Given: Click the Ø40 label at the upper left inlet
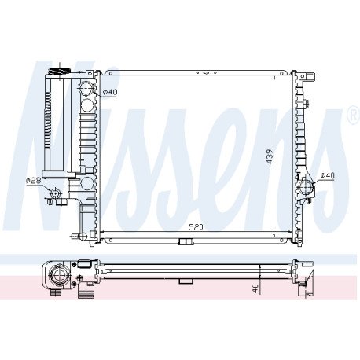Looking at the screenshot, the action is (x=110, y=92).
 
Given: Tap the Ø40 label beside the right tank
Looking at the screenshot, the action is (x=328, y=175).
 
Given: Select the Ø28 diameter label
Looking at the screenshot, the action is (x=33, y=181).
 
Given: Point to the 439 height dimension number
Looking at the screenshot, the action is (x=270, y=156).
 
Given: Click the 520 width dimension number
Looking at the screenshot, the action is (x=197, y=227).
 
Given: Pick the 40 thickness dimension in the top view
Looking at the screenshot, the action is (x=255, y=288).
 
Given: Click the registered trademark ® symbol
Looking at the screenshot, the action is (x=354, y=114).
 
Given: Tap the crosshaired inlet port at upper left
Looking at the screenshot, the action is (x=86, y=88).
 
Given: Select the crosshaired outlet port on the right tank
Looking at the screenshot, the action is (x=306, y=187).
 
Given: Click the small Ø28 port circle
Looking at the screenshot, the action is (x=55, y=193).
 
